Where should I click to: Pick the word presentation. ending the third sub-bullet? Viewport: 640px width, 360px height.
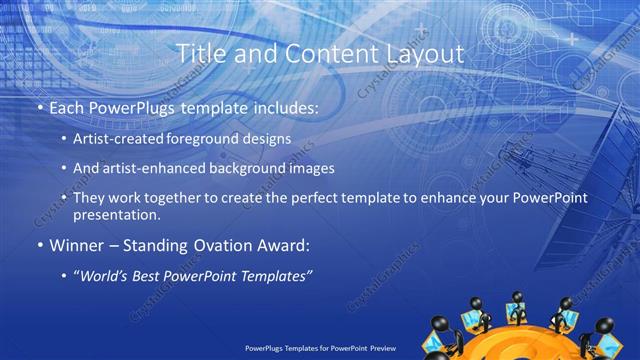pos(116,215)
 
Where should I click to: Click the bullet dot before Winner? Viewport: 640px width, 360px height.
pos(40,246)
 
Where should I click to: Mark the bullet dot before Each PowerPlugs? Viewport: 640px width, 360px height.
pos(40,107)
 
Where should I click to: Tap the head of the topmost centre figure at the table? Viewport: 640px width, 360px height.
pos(518,297)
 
